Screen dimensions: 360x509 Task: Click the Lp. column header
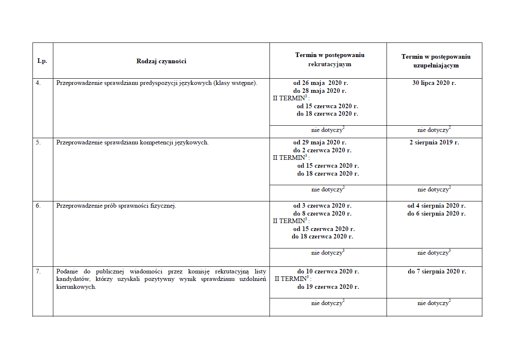click(42, 61)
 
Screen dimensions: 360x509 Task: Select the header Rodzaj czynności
click(161, 61)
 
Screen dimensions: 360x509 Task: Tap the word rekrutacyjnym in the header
click(329, 64)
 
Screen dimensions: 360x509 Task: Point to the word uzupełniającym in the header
click(437, 65)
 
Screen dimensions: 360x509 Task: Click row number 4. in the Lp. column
click(38, 82)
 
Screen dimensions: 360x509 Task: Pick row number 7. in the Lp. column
click(38, 271)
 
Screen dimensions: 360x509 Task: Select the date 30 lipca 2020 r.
click(434, 83)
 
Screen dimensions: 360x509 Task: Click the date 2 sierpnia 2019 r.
click(434, 142)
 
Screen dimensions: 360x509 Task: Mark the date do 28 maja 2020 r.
click(320, 90)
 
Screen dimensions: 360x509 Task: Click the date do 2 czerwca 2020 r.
click(322, 150)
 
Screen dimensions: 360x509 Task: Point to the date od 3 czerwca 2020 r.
click(322, 206)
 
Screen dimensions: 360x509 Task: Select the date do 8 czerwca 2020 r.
click(322, 214)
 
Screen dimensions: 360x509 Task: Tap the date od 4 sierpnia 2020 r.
click(436, 206)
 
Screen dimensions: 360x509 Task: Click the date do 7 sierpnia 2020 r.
click(437, 271)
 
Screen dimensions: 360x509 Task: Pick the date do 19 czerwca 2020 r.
click(328, 287)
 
